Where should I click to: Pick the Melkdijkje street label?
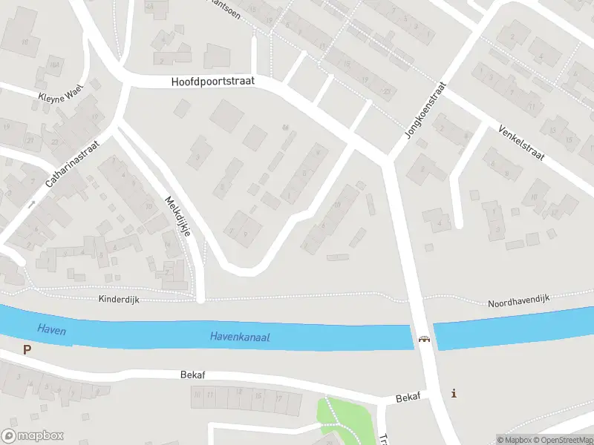coord(178,216)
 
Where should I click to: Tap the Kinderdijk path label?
coord(119,299)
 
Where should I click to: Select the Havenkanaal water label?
coord(240,337)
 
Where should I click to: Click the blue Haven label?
coord(51,330)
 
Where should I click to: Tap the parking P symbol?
coord(27,349)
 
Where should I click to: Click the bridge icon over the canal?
coord(424,339)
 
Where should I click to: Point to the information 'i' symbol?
coord(454,393)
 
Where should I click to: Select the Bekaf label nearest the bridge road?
coord(408,397)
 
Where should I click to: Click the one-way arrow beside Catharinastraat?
coord(31,202)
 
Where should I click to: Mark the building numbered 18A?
coord(53,65)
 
